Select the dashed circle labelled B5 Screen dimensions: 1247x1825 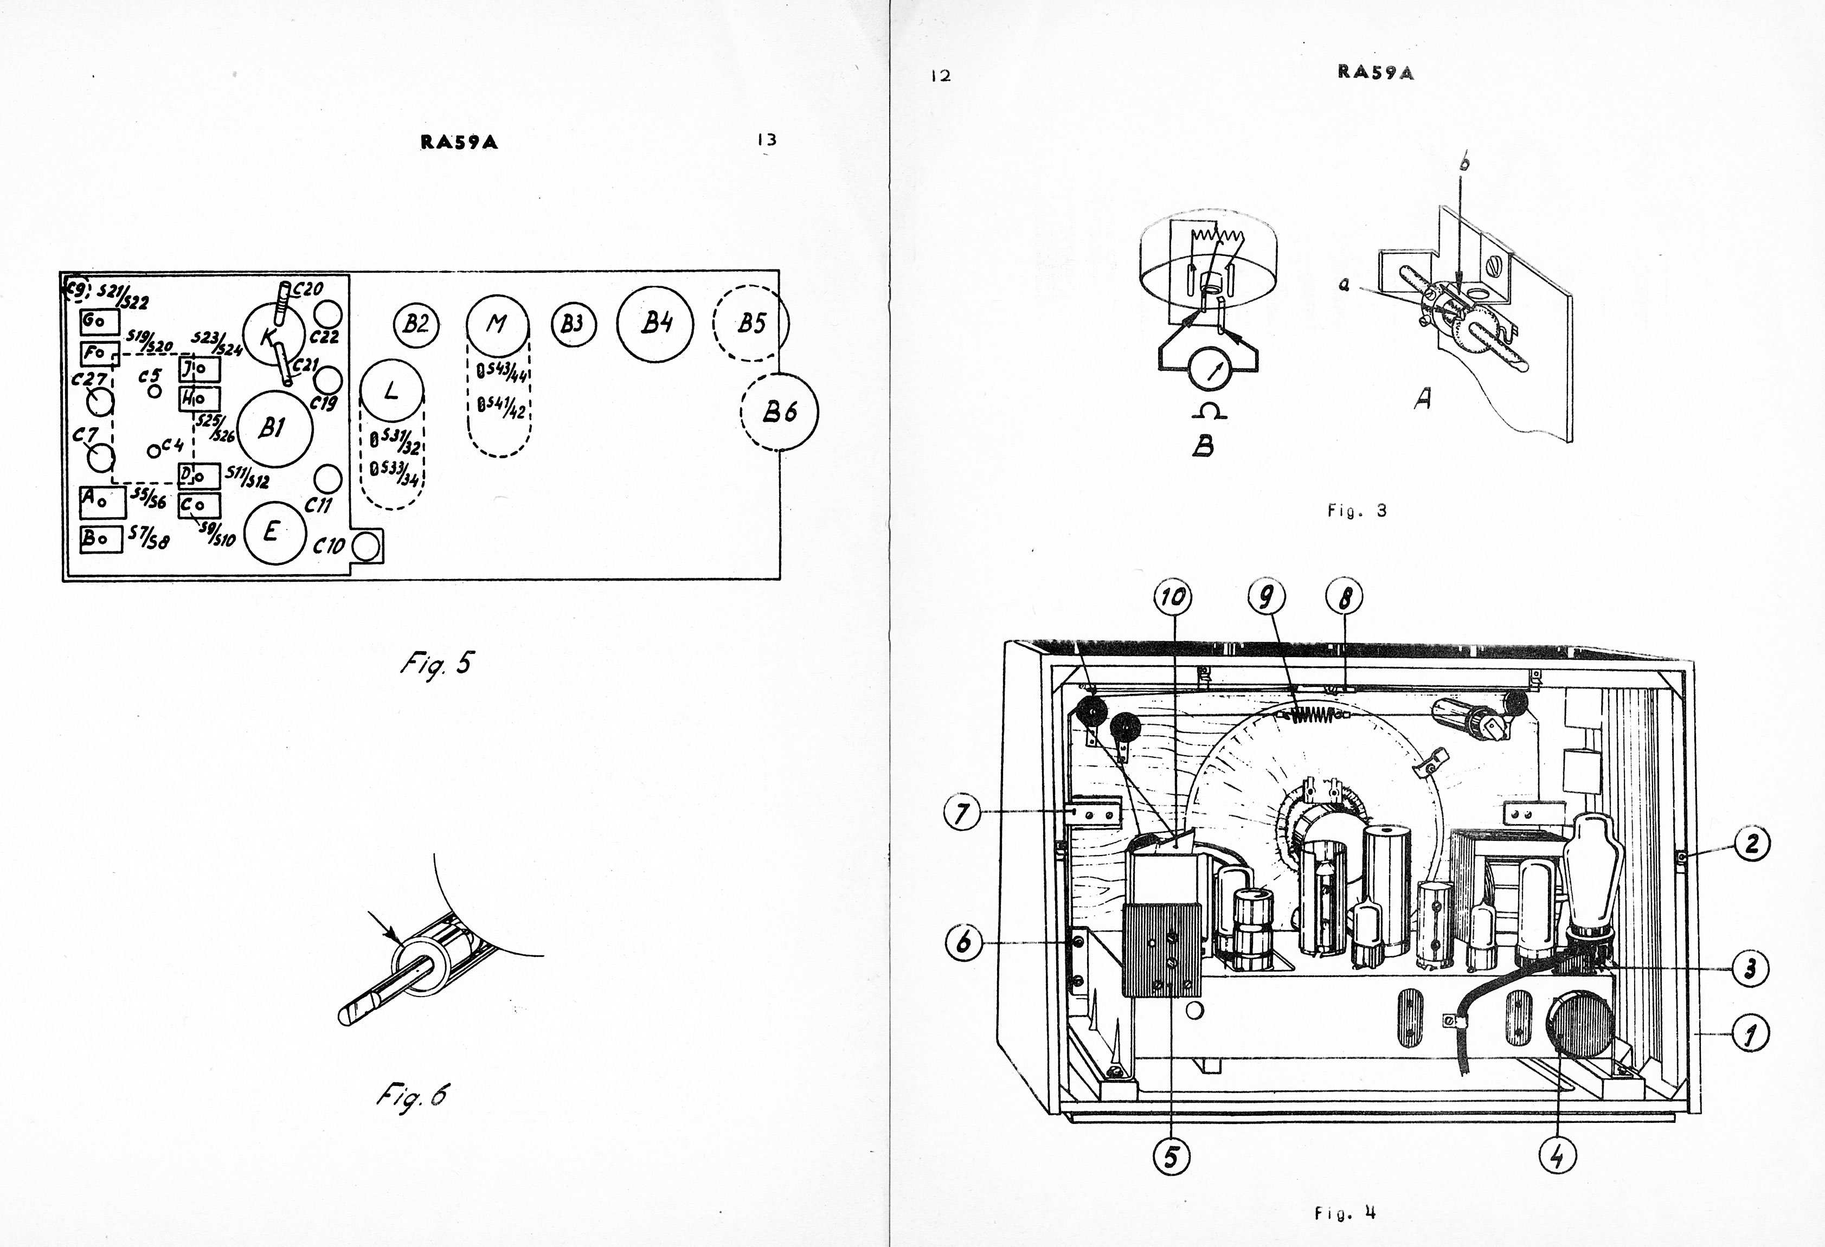point(751,323)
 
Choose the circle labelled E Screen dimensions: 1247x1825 point(272,532)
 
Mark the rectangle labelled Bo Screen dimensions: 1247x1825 point(101,539)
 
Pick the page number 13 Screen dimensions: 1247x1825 point(767,140)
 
